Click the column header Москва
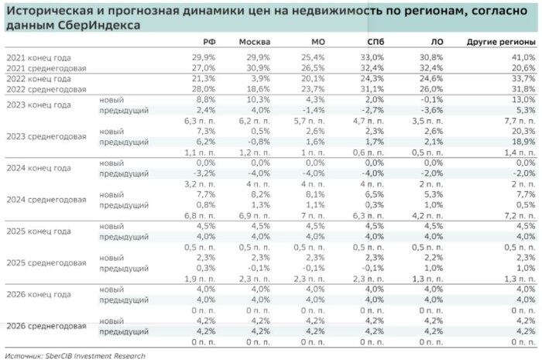(254, 41)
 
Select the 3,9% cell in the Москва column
(259, 79)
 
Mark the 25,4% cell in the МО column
(317, 57)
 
